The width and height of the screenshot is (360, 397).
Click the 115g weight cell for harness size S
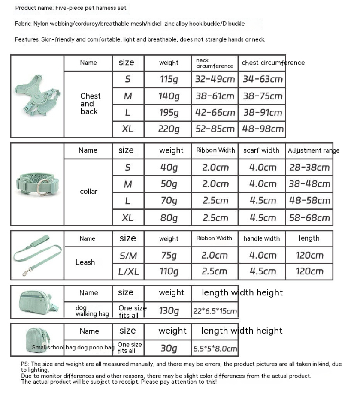point(169,79)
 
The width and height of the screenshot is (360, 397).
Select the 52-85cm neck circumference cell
point(215,129)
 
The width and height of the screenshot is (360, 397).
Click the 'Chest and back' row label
point(90,104)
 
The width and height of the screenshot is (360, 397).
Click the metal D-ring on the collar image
point(42,188)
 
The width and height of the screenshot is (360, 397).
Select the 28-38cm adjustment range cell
point(309,167)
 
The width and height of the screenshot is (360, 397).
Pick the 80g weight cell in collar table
point(169,217)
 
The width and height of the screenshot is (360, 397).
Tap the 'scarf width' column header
point(261,150)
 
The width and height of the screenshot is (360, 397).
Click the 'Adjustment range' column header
point(313,150)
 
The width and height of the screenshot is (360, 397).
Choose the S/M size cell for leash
point(128,256)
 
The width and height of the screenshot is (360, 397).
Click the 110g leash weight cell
point(169,271)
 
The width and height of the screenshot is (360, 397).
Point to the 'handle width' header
point(261,238)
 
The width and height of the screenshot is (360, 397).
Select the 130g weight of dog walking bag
point(169,311)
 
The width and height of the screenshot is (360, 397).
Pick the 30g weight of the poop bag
point(169,349)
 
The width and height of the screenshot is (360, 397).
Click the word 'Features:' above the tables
point(27,39)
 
